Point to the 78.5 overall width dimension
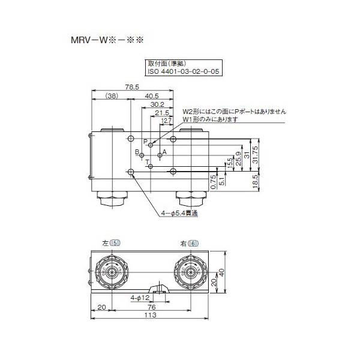[133, 87]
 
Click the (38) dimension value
[112, 96]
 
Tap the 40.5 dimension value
[152, 96]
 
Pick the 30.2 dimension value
[158, 104]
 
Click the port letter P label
[145, 141]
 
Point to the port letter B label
[137, 152]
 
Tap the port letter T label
[146, 161]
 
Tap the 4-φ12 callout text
[140, 297]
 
